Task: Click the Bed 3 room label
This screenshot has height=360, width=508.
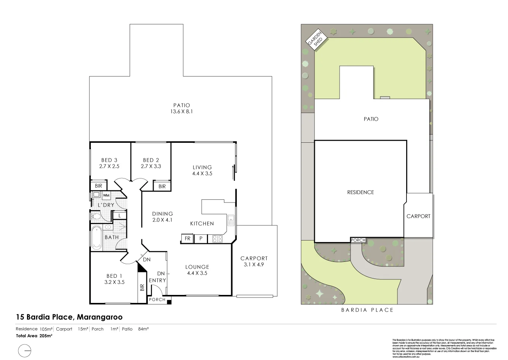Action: (x=110, y=160)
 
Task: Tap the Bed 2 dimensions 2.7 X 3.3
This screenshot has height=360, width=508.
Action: (x=151, y=166)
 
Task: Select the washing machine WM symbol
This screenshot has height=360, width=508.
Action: (x=106, y=195)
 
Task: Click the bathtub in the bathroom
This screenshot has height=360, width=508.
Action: (x=97, y=237)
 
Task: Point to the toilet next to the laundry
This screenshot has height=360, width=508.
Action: (x=96, y=217)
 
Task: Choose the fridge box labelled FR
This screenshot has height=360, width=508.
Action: (x=187, y=239)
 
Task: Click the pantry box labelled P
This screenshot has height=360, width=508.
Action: (x=200, y=239)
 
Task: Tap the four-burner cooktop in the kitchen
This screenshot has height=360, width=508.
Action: (x=217, y=239)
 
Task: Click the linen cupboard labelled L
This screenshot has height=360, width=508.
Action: (x=119, y=215)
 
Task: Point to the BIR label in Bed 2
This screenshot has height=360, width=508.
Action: (x=162, y=186)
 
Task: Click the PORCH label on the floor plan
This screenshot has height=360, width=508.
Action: (x=157, y=299)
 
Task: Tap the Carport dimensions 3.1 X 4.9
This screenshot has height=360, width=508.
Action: (x=254, y=264)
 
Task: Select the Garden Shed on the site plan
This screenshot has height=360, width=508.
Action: (x=315, y=39)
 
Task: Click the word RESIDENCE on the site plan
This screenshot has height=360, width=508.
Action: (x=360, y=192)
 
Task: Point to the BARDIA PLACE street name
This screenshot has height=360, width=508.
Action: (x=367, y=310)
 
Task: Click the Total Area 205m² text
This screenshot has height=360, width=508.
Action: (x=34, y=336)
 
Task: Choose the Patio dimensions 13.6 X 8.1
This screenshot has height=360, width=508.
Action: (x=181, y=112)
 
